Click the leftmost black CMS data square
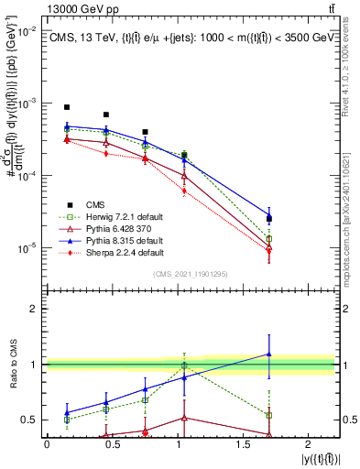click(x=67, y=107)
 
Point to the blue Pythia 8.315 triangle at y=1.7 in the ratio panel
click(x=268, y=354)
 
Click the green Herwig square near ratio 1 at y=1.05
click(x=184, y=365)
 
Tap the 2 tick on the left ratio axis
click(x=34, y=310)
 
